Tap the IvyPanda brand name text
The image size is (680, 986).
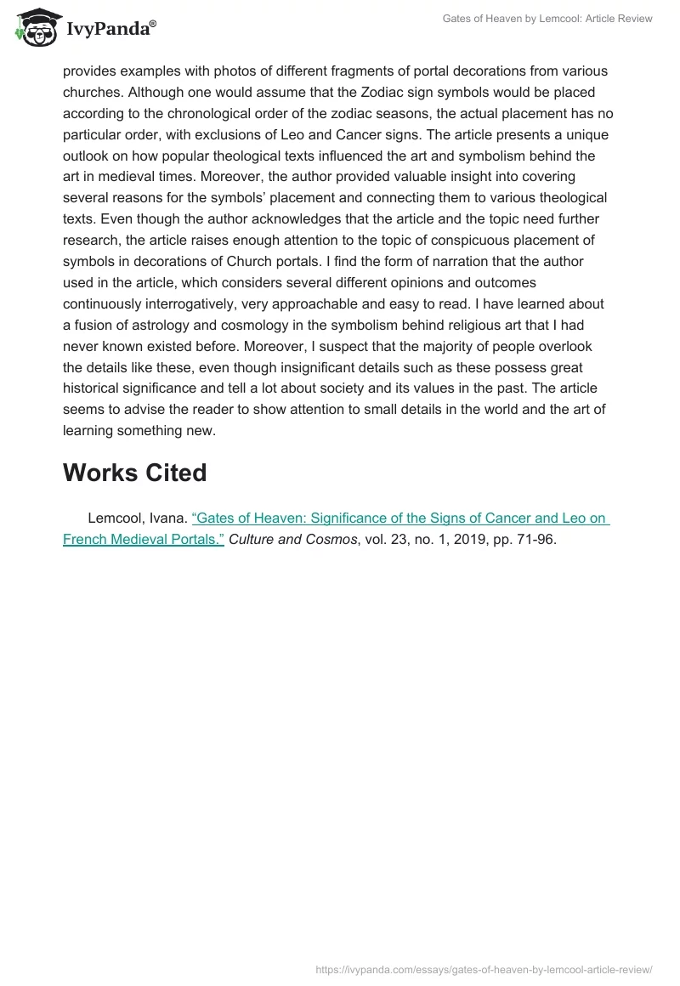(110, 31)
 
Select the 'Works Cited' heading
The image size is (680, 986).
(134, 473)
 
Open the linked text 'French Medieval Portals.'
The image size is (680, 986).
(144, 539)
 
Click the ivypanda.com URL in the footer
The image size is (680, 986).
(484, 969)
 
